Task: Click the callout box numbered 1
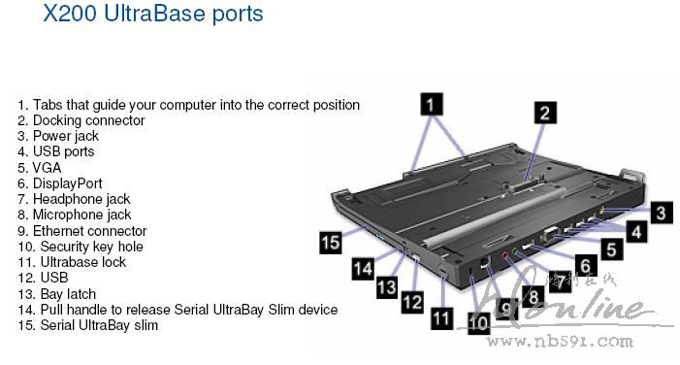(x=432, y=104)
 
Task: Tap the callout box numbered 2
(x=545, y=113)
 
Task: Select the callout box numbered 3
(x=661, y=214)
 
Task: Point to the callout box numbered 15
(x=331, y=242)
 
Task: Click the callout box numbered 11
(x=442, y=318)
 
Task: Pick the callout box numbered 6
(x=586, y=265)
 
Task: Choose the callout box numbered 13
(x=387, y=287)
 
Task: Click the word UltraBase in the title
(x=155, y=13)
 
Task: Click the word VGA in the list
(x=47, y=168)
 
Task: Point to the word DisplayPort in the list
(x=68, y=183)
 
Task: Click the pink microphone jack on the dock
(x=504, y=255)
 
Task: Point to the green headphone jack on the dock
(x=515, y=250)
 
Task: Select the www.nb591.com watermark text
(x=560, y=341)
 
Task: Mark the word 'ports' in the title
(x=238, y=14)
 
